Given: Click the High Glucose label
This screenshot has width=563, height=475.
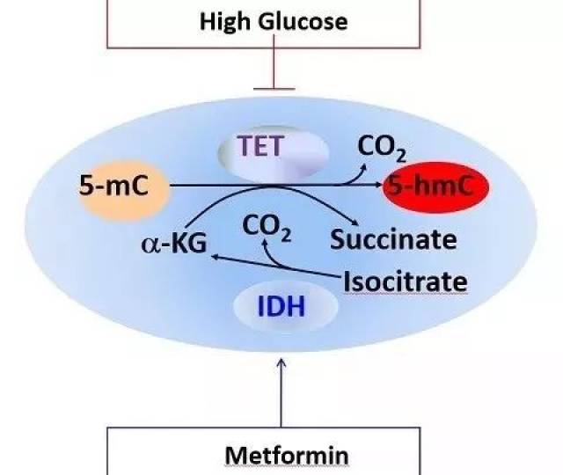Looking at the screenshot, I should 274,21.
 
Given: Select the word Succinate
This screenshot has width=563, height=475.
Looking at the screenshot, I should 394,238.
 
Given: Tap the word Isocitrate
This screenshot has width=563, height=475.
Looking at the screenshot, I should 406,282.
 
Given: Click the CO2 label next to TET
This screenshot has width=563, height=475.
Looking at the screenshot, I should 381,146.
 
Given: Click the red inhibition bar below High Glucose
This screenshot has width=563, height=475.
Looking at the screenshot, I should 274,87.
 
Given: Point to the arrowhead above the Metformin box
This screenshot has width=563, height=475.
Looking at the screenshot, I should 281,361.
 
